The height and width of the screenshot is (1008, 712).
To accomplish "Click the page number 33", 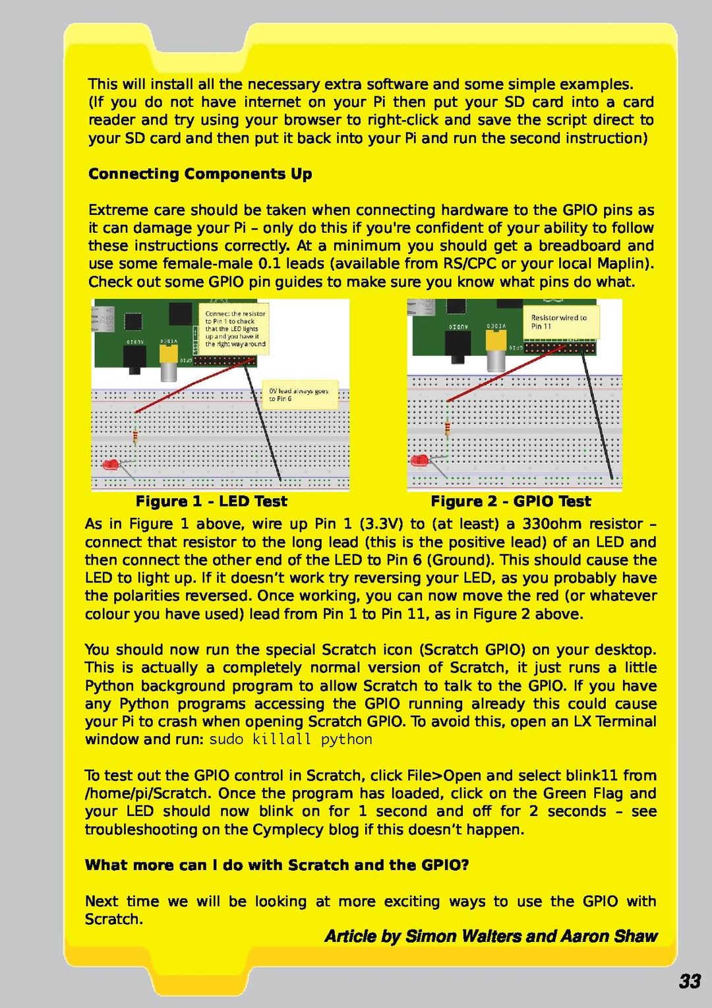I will coord(690,981).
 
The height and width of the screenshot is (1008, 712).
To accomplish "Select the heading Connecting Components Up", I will coord(200,174).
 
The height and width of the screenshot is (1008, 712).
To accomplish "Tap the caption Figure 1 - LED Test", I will coord(211,501).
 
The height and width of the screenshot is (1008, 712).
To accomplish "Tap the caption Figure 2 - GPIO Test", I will coord(511,501).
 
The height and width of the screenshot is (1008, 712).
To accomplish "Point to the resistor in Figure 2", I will coord(448,429).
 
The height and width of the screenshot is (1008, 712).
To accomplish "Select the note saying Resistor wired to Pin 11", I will coord(560,322).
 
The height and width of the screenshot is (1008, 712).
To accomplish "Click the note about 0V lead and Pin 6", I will coord(299,394).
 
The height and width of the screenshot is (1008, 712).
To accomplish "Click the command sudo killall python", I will coord(291,740).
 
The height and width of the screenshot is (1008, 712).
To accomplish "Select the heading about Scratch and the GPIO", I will coord(277,866).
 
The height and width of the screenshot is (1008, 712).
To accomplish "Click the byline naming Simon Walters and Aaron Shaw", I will coord(491,937).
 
